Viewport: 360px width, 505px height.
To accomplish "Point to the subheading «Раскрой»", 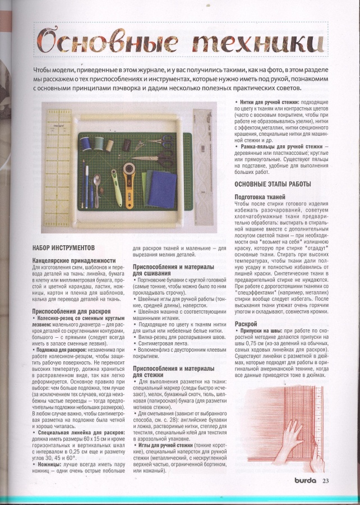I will pos(246,324).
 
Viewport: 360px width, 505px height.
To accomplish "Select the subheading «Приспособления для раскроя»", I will pos(71,310).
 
